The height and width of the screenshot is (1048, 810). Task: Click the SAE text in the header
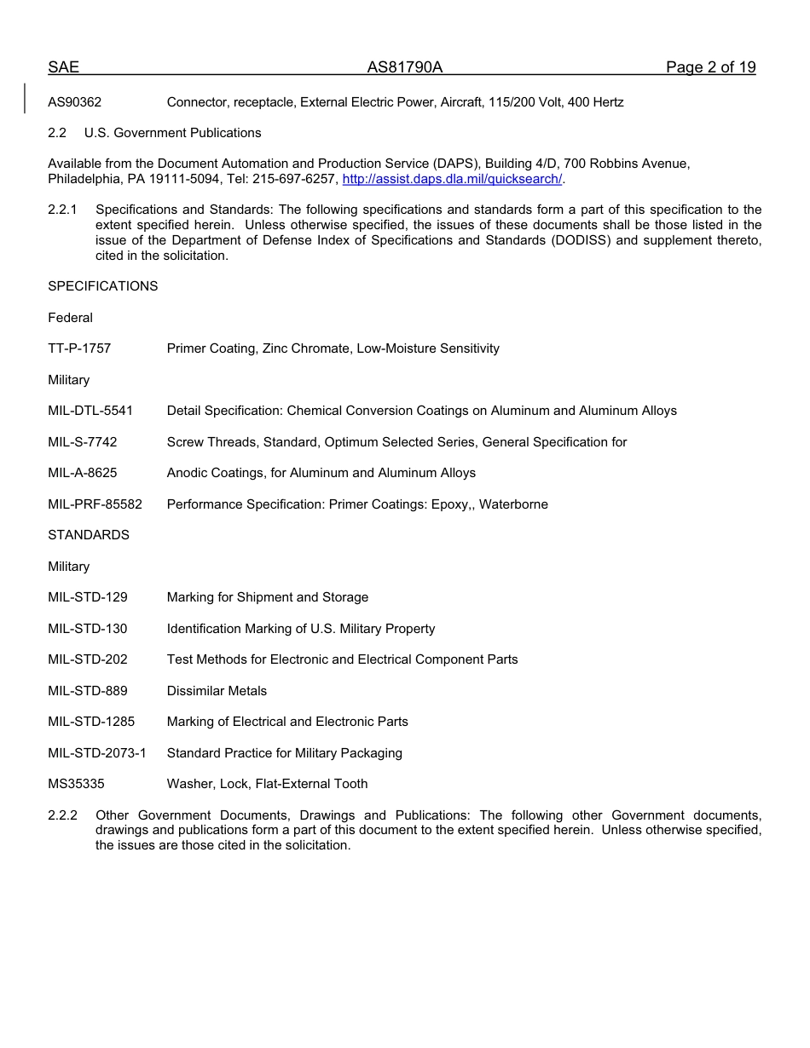63,68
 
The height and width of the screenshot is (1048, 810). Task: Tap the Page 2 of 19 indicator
710,68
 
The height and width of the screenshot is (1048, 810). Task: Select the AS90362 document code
74,102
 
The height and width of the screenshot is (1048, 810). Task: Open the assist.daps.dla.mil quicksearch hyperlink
452,179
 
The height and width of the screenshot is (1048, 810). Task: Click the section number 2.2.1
62,210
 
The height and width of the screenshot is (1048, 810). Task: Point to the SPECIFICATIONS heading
102,286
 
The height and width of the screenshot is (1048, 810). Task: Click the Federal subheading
70,318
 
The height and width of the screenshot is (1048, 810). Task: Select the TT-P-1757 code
79,348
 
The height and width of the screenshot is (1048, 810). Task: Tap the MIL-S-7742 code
83,442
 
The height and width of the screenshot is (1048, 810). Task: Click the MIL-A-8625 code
83,473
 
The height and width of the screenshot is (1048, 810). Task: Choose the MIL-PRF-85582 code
95,504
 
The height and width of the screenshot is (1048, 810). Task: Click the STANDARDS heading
89,535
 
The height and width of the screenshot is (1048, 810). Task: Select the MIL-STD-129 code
87,597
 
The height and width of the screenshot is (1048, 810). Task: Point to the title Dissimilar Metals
217,691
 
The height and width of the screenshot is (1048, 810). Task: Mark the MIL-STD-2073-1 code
97,753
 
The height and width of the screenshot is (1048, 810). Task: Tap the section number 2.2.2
62,815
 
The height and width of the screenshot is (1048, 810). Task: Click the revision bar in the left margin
25,98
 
